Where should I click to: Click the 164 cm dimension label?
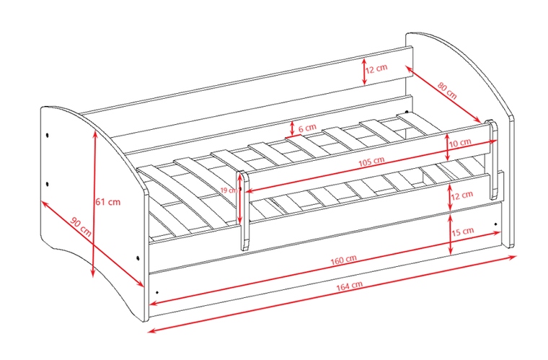[x=349, y=286]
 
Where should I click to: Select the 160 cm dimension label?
[x=343, y=260]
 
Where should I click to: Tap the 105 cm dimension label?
[x=371, y=162]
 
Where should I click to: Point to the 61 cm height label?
[x=107, y=202]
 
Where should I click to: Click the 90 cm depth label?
[x=81, y=227]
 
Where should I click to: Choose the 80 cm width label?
[x=447, y=90]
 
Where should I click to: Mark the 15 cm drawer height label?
[x=463, y=232]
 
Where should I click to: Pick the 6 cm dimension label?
[x=308, y=128]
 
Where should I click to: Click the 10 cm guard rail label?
[x=460, y=143]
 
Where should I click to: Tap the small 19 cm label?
[x=229, y=190]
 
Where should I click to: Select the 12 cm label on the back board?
[x=376, y=69]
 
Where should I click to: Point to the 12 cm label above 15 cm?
[x=462, y=195]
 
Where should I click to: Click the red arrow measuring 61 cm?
[x=94, y=203]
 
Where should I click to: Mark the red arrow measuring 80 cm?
[x=444, y=95]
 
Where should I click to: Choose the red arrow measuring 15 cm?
[x=451, y=234]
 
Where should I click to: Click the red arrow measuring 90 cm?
[x=92, y=244]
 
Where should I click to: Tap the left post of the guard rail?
[x=244, y=211]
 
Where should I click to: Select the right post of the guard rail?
[x=492, y=159]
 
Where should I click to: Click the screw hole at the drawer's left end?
[x=157, y=292]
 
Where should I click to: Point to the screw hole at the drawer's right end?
[x=495, y=224]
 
